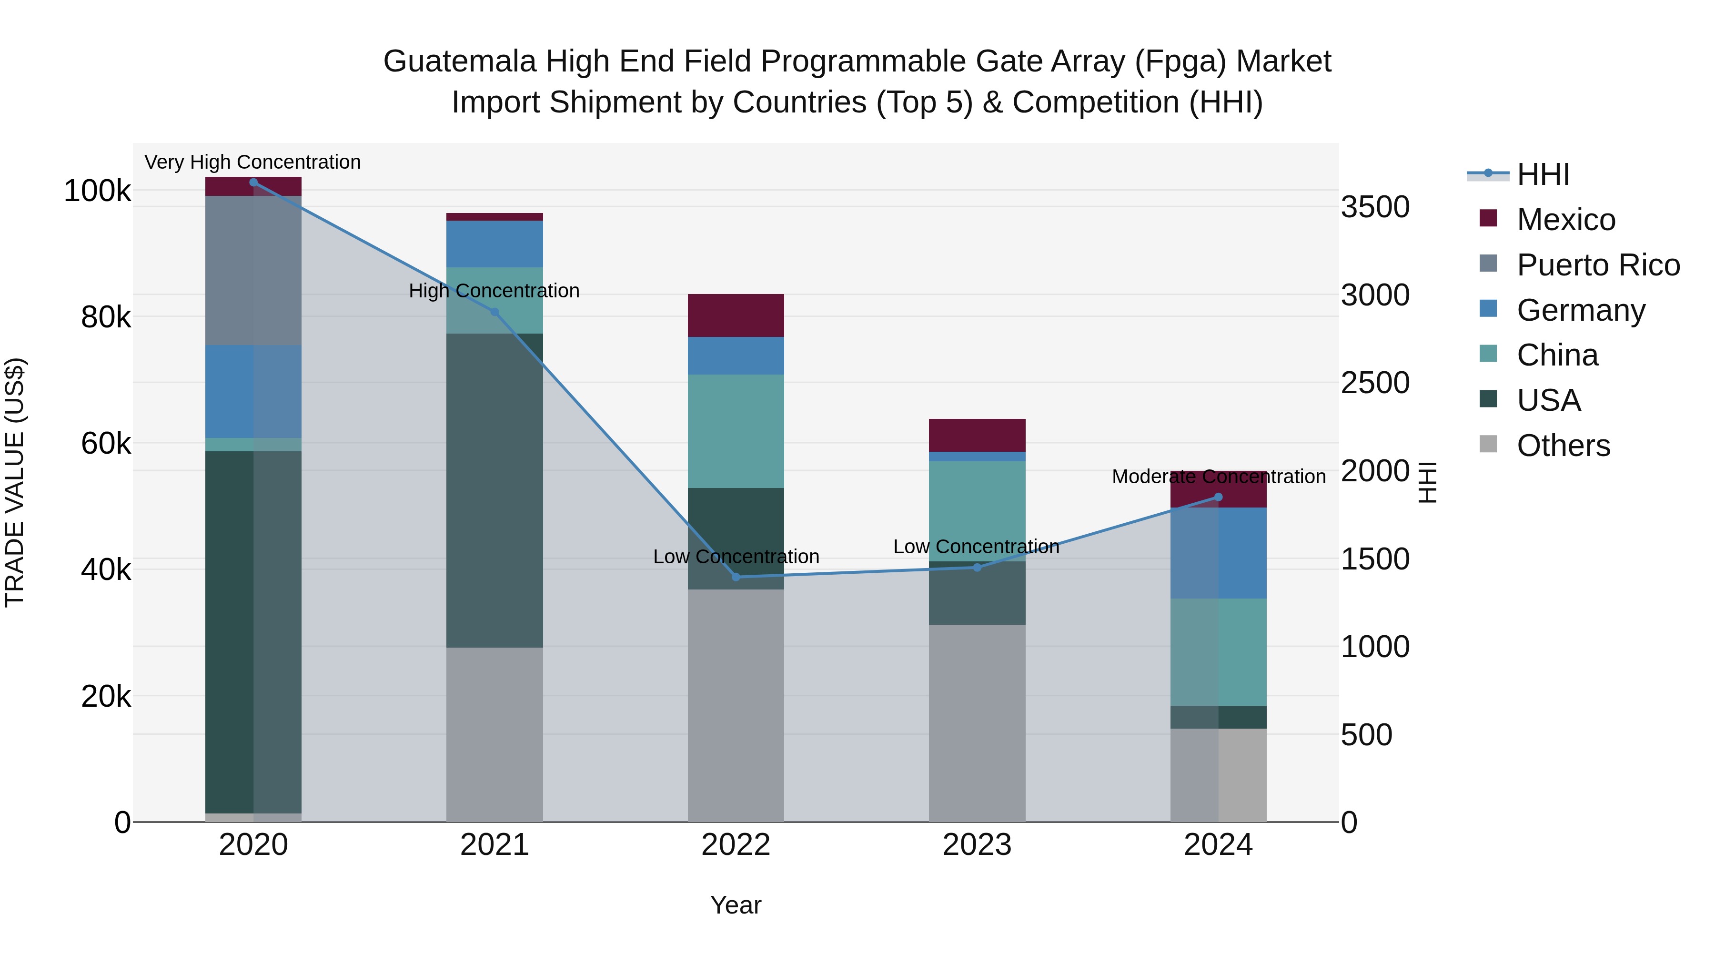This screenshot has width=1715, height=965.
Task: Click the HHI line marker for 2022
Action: [x=736, y=577]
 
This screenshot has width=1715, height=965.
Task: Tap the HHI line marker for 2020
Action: [x=253, y=183]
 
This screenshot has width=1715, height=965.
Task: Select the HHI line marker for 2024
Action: [x=1218, y=497]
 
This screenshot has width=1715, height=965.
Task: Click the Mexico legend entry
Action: [x=1565, y=220]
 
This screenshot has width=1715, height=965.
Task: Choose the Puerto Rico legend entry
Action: [x=1598, y=265]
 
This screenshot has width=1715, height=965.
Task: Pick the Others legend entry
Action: [x=1563, y=446]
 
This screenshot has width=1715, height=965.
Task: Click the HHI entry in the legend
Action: [x=1543, y=174]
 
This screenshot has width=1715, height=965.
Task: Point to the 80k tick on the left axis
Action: [x=105, y=318]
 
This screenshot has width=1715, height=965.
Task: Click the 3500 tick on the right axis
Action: [x=1374, y=207]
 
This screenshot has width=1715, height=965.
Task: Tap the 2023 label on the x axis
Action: [x=977, y=845]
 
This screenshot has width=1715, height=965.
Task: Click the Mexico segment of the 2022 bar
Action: [x=736, y=315]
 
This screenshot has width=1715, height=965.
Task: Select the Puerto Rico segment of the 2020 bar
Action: [x=253, y=270]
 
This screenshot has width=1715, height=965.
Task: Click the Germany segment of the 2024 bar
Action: [x=1218, y=553]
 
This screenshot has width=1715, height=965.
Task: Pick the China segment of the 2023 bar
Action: [x=977, y=511]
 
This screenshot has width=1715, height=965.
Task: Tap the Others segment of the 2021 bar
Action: [x=494, y=734]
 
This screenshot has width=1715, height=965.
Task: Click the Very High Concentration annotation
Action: [x=252, y=163]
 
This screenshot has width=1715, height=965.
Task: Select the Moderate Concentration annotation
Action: [x=1218, y=477]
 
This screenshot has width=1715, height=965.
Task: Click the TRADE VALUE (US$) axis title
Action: [x=15, y=482]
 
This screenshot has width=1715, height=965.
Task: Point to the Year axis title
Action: [x=736, y=905]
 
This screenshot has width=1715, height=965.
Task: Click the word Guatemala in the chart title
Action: [x=459, y=61]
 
